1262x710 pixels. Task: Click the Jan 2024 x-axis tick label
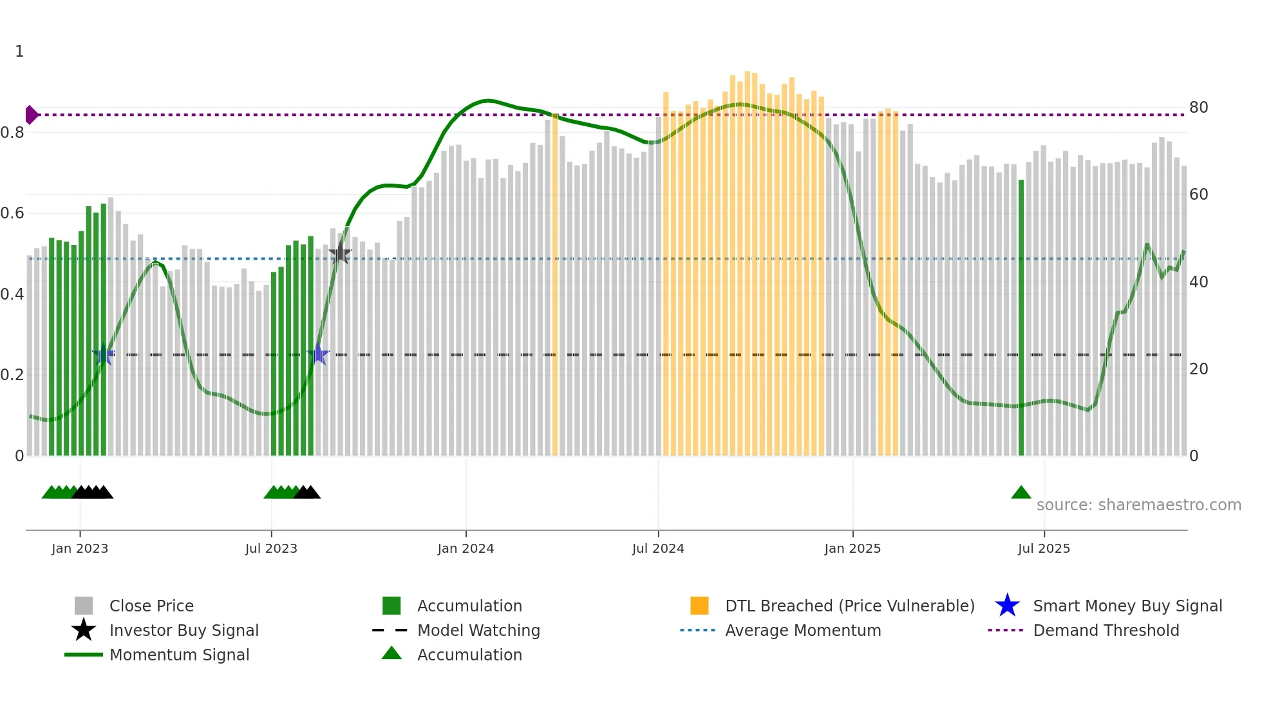pos(466,548)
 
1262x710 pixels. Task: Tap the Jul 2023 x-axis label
pos(271,548)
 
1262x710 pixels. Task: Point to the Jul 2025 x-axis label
pos(1044,548)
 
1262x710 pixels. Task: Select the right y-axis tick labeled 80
pos(1198,108)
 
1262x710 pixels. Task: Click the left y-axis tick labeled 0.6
pos(12,213)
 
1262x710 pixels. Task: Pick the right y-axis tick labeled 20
pos(1198,369)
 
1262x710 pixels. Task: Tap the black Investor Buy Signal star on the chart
pos(341,254)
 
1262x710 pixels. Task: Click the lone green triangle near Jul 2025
pos(1021,493)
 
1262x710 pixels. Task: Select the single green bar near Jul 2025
pos(1021,316)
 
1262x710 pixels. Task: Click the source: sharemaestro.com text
pos(1138,505)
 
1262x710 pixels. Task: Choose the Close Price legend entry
pos(151,606)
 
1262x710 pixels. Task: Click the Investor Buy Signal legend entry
pos(184,630)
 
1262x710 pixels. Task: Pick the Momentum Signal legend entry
pos(179,655)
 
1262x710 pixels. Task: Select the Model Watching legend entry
pos(478,630)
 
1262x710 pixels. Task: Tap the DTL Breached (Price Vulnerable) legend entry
pos(849,606)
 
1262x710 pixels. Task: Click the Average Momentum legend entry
pos(803,630)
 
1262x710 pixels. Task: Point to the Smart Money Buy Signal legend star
pos(1007,606)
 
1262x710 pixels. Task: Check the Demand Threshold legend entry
pos(1106,630)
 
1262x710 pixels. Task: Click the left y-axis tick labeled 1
pos(19,52)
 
